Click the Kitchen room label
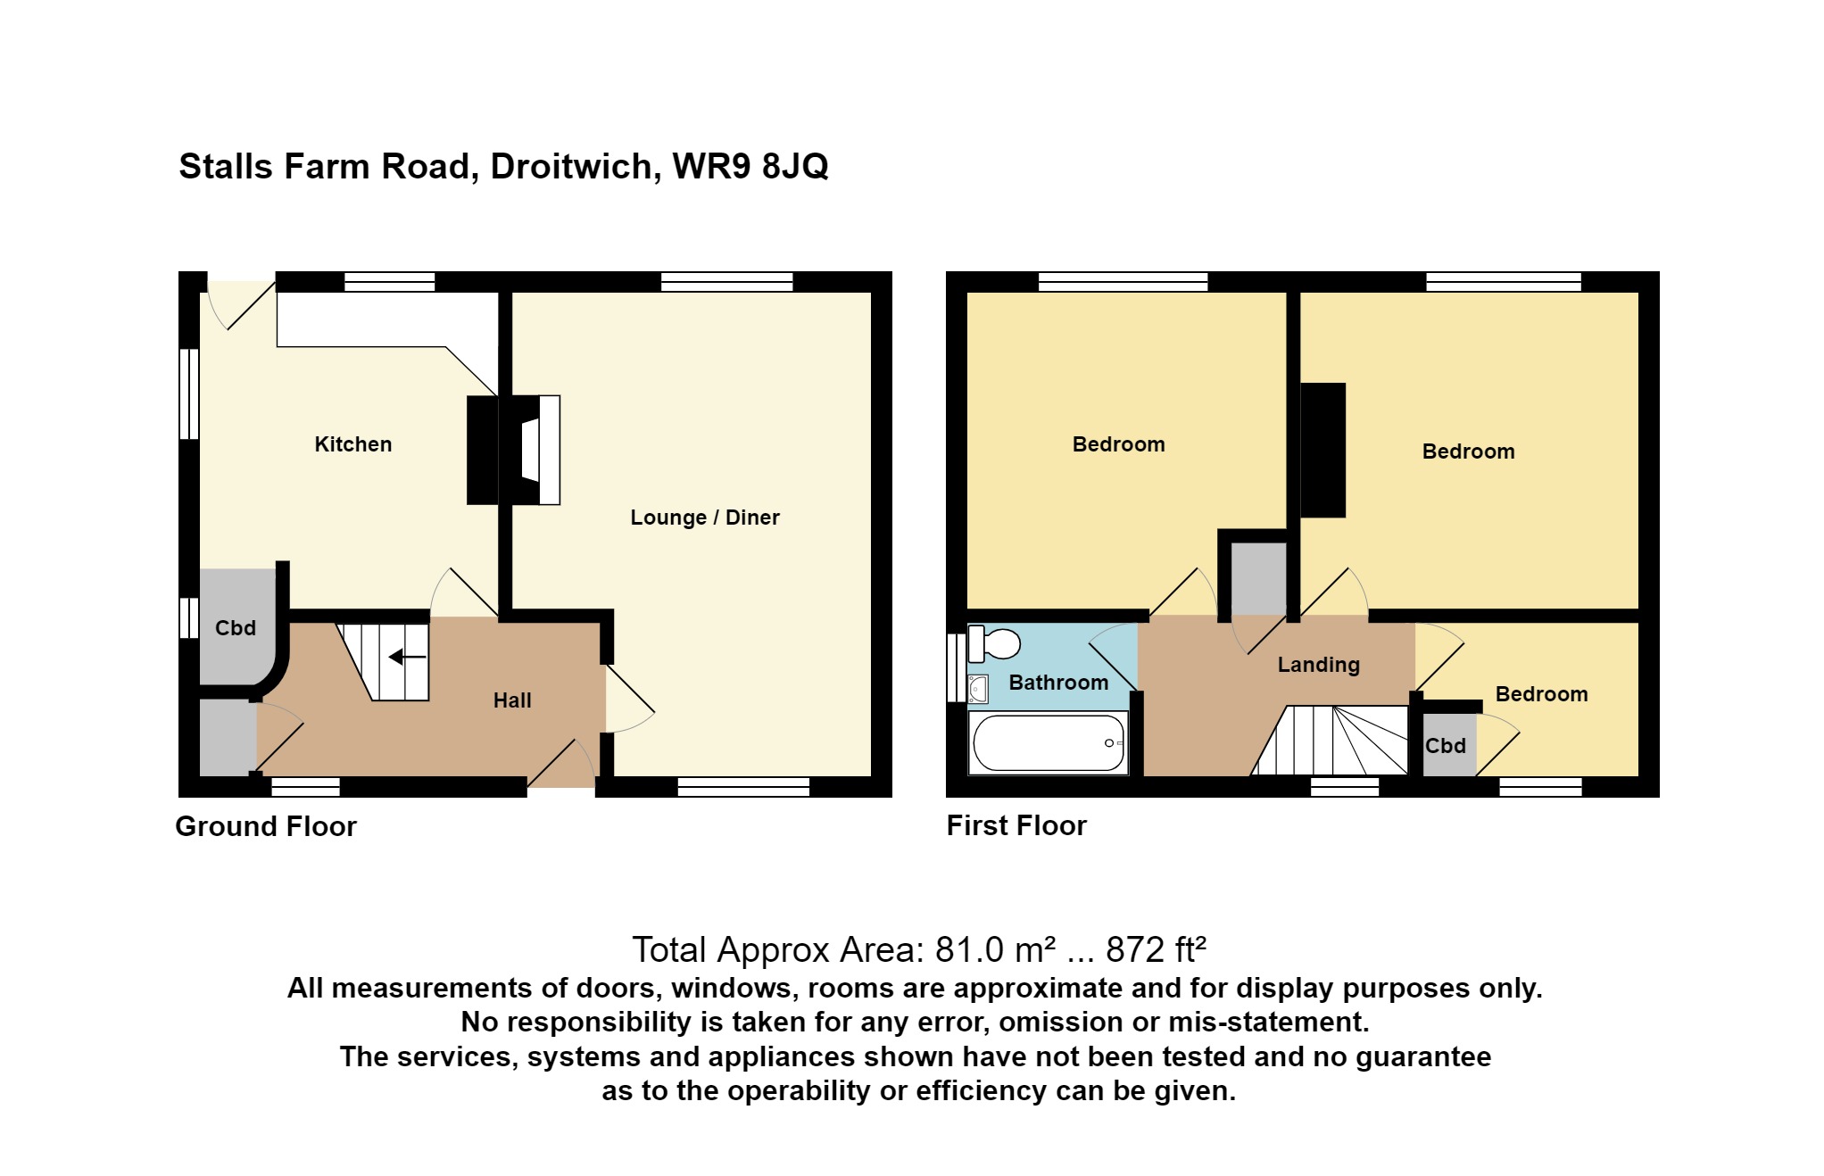click(353, 444)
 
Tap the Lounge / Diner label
click(705, 518)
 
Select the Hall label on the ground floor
click(512, 700)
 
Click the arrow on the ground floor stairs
click(407, 658)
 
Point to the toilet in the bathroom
click(994, 643)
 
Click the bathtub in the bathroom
click(1049, 742)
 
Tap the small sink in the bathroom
click(979, 689)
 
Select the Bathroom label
click(1058, 683)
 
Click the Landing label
click(1319, 665)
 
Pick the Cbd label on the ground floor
click(236, 628)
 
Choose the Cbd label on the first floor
click(1446, 746)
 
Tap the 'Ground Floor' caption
click(266, 826)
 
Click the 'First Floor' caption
click(1016, 825)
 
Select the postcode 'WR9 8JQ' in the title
click(750, 167)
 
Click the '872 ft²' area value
click(1157, 950)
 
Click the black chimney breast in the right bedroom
click(1322, 450)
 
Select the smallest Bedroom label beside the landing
click(1542, 694)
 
